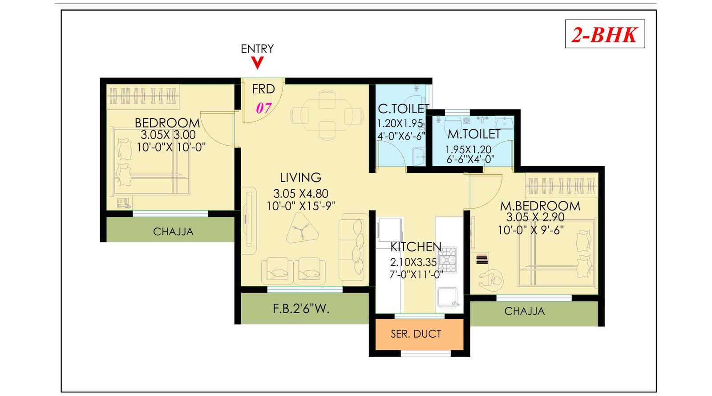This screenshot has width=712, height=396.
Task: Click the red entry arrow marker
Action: (x=257, y=63)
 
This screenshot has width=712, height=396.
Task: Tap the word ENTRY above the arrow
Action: (x=257, y=49)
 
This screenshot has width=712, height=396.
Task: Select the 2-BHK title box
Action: (x=605, y=34)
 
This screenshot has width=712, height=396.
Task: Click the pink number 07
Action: (x=263, y=108)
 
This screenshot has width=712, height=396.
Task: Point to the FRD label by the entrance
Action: (x=263, y=89)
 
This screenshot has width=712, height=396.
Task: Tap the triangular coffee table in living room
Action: (x=303, y=228)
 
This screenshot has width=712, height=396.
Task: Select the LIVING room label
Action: (x=300, y=178)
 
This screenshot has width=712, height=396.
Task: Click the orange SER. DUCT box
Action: (x=416, y=334)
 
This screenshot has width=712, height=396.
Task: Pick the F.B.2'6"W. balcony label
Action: (x=301, y=309)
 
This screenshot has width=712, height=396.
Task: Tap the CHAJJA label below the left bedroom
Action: (x=173, y=232)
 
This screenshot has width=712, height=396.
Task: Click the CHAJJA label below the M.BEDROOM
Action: (x=524, y=311)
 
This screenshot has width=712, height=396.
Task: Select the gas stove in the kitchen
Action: (x=447, y=259)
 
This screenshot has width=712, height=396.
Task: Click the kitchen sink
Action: (x=447, y=297)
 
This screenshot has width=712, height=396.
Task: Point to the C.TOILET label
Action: (x=403, y=109)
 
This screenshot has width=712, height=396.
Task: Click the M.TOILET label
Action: (x=474, y=134)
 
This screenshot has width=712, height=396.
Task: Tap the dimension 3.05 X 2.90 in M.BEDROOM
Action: (x=535, y=217)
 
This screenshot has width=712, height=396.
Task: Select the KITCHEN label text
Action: (x=416, y=247)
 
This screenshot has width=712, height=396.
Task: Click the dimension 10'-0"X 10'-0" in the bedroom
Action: (x=171, y=147)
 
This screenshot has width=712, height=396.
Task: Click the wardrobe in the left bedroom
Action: (x=143, y=96)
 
